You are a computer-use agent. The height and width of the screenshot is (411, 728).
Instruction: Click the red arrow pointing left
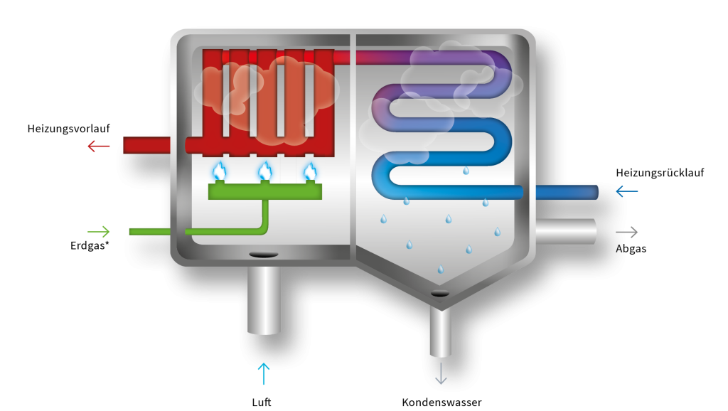(x=98, y=146)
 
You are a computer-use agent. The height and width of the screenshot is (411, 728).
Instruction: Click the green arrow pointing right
(x=99, y=232)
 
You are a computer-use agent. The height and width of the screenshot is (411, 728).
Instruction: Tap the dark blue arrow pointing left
(x=626, y=191)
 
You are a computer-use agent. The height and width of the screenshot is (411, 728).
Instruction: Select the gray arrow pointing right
(x=626, y=233)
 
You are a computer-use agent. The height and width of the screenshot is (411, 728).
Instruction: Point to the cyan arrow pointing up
(x=264, y=373)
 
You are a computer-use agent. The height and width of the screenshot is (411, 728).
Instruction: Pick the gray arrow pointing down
(x=441, y=373)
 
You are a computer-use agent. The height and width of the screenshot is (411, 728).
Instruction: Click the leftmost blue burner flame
(x=220, y=171)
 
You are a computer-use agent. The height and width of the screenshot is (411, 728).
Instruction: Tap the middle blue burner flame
(x=265, y=171)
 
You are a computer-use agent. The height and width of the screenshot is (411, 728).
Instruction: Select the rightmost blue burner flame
(x=310, y=171)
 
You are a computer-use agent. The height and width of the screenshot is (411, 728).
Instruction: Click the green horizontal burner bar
(x=264, y=192)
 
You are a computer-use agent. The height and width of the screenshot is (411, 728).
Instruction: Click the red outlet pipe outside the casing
(x=146, y=145)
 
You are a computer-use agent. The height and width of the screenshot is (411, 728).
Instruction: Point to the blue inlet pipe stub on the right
(x=566, y=192)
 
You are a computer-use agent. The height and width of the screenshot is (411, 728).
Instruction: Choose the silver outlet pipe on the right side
(x=566, y=232)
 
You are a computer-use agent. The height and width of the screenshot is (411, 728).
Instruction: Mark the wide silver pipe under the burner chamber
(x=264, y=299)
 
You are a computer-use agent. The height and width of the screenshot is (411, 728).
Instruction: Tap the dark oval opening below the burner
(x=263, y=255)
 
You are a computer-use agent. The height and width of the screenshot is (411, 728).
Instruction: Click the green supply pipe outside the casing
(x=149, y=232)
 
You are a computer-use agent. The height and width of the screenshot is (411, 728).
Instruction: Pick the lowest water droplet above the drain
(x=441, y=269)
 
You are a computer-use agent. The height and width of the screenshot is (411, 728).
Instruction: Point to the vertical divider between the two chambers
(x=353, y=142)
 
